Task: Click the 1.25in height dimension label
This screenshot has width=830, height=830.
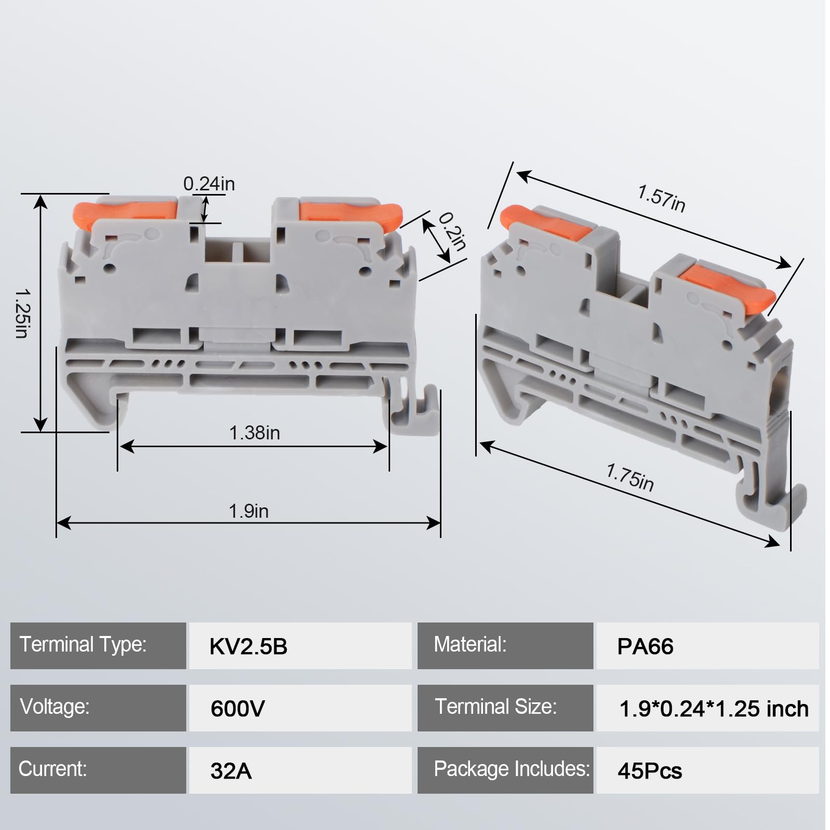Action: [x=22, y=313]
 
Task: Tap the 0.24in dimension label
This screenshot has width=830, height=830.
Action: [x=209, y=184]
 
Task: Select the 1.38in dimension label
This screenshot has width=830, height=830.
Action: [x=254, y=433]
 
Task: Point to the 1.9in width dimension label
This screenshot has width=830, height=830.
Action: [x=248, y=511]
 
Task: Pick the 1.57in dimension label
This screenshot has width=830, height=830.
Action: [x=661, y=199]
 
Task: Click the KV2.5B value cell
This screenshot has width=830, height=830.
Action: [x=300, y=646]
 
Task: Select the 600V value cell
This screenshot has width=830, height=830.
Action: [x=300, y=708]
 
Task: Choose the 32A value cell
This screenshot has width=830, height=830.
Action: [x=300, y=770]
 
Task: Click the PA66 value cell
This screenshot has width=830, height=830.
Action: [x=707, y=646]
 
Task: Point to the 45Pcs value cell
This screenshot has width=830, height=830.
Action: [x=707, y=770]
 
